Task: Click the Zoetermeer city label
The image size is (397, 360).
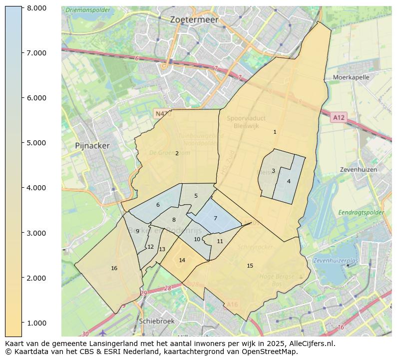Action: click(194, 19)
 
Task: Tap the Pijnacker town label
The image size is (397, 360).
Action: click(92, 146)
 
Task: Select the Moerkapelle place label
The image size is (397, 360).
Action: click(351, 77)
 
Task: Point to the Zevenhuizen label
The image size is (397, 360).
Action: click(359, 170)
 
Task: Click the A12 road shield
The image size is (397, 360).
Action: click(338, 117)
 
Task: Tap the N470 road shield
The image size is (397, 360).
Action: click(163, 114)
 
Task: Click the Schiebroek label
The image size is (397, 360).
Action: click(157, 321)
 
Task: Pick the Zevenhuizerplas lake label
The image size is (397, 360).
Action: click(336, 261)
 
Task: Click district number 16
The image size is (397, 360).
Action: click(114, 269)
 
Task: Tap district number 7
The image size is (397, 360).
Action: click(215, 218)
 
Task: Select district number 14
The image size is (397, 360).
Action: click(182, 260)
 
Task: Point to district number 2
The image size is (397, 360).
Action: click(177, 153)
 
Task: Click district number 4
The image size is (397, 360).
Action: click(289, 181)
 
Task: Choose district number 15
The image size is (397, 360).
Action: click(250, 266)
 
